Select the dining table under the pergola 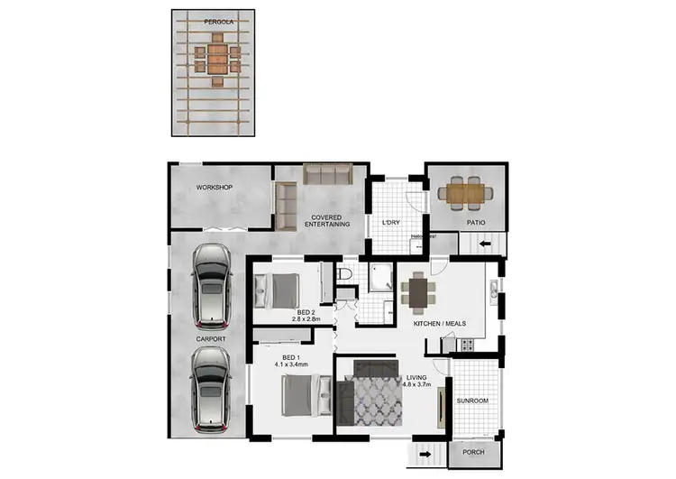pyautogui.click(x=217, y=59)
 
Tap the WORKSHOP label pyautogui.click(x=215, y=188)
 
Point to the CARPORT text pyautogui.click(x=211, y=338)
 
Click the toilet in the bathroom pyautogui.click(x=345, y=273)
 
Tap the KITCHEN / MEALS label pyautogui.click(x=440, y=323)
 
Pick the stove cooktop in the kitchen pyautogui.click(x=467, y=345)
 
